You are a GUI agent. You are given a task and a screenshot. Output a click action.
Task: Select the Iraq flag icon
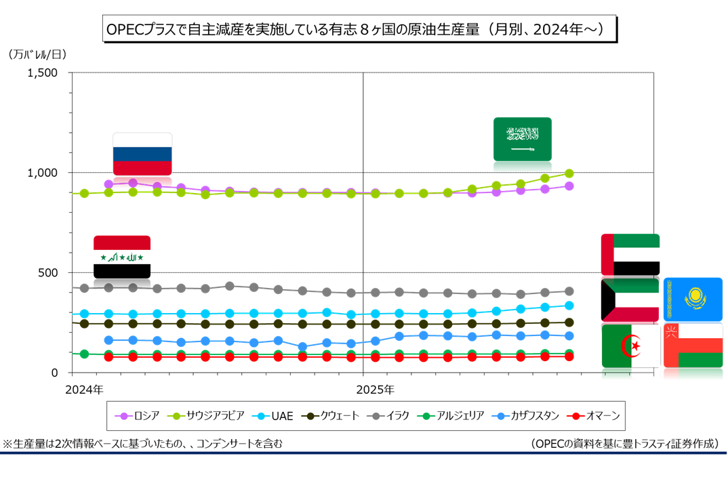tap(122, 256)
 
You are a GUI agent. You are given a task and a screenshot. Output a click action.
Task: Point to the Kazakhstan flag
tap(693, 298)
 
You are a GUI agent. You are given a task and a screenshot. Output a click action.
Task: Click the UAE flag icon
tap(630, 254)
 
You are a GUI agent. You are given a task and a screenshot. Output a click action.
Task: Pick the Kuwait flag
tap(630, 299)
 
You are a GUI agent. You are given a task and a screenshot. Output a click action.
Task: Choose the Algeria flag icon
tap(630, 346)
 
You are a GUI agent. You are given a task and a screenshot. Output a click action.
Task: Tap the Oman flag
tap(693, 346)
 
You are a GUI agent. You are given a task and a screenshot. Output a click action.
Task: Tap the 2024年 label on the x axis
tap(84, 390)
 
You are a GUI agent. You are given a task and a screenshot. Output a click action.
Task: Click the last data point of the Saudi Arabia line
tap(569, 173)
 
